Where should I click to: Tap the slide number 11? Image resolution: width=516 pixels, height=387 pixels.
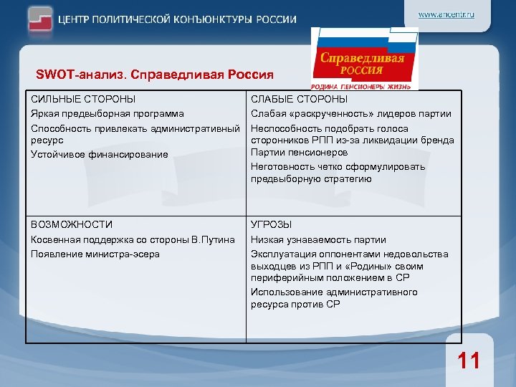469,360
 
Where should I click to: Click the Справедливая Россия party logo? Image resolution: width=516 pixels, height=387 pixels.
364,59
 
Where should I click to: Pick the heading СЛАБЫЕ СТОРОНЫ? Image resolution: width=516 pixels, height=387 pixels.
299,100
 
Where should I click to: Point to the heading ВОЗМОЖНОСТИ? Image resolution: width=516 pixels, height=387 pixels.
72,224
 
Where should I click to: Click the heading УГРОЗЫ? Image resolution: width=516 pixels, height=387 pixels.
271,224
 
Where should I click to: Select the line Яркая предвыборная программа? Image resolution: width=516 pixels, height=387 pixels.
107,113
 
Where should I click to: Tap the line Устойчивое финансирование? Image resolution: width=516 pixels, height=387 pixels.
99,154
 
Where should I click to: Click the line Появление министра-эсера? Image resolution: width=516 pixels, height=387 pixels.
95,254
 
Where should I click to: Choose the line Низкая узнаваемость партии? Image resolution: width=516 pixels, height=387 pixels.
318,239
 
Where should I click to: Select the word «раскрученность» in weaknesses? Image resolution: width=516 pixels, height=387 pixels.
322,113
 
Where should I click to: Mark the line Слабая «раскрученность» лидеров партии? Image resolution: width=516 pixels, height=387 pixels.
350,113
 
